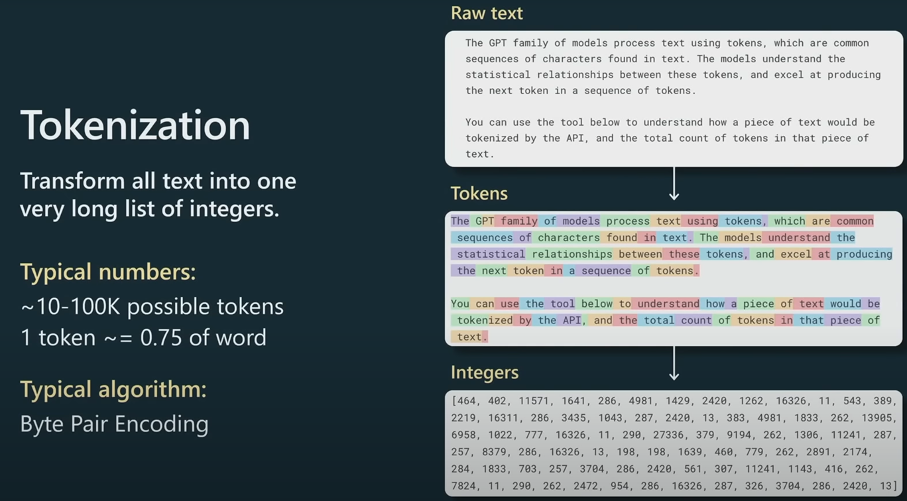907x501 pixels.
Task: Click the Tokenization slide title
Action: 135,125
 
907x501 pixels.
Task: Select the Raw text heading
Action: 487,13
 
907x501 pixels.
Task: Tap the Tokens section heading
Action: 479,194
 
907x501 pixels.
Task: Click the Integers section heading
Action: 485,372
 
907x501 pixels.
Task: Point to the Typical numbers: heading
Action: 108,272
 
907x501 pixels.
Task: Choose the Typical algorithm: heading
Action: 113,389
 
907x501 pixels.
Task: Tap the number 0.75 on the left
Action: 161,337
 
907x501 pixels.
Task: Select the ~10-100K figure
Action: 70,306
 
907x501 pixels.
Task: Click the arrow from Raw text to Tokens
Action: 674,184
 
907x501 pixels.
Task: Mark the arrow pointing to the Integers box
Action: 674,363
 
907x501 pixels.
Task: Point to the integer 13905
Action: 877,418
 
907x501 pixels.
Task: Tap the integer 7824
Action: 463,486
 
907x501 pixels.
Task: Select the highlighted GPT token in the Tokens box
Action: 483,221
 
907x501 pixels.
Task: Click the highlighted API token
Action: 572,321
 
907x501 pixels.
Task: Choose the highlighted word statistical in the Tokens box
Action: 489,254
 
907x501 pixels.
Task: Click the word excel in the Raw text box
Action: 789,75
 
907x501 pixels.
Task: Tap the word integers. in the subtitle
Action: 235,209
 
